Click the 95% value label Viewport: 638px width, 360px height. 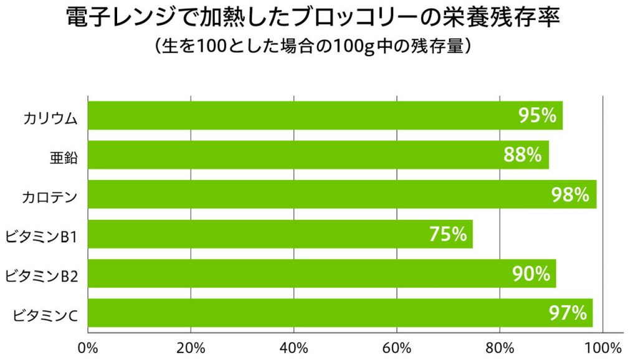(x=536, y=115)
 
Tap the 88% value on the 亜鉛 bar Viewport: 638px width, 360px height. (x=522, y=155)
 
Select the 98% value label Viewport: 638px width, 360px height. (x=570, y=195)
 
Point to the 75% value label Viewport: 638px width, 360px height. (x=447, y=234)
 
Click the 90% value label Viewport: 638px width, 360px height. (x=531, y=273)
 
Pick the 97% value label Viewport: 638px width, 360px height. (x=568, y=313)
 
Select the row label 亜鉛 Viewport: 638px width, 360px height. (x=64, y=158)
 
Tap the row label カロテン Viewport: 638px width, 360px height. (x=49, y=198)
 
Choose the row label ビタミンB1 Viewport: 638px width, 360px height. (x=41, y=237)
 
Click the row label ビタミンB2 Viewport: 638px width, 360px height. (x=41, y=277)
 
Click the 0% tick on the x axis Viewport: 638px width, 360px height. (x=88, y=346)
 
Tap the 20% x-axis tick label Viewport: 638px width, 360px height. (x=191, y=346)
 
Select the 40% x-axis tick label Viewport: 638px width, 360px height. (x=294, y=346)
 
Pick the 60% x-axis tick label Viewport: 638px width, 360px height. (x=398, y=346)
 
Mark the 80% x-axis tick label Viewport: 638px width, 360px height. (x=501, y=346)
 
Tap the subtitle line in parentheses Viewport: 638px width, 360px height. (x=318, y=47)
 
